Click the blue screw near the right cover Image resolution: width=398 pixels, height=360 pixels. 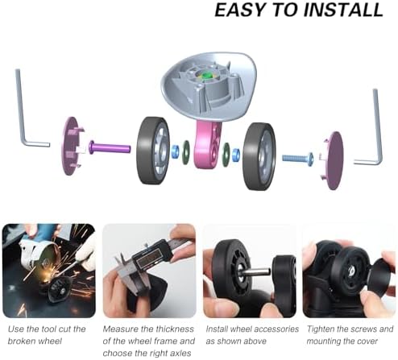(298, 159)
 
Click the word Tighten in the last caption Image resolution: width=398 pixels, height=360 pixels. (321, 329)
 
